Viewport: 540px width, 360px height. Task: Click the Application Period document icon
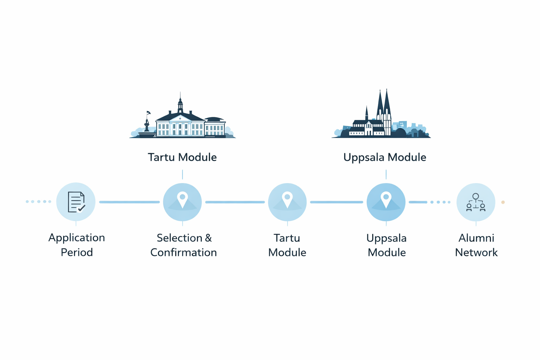coord(76,202)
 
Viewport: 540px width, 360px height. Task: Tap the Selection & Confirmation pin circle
coord(182,202)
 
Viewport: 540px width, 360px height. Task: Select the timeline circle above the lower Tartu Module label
coord(287,202)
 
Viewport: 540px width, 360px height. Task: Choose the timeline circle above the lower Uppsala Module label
coord(386,202)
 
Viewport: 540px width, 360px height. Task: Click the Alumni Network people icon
coord(476,202)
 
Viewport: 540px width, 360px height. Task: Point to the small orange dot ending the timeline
coord(503,202)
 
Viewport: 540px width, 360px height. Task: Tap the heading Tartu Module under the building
coord(182,157)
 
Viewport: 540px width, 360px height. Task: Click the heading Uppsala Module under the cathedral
coord(385,157)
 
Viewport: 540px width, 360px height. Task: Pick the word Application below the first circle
coord(77,238)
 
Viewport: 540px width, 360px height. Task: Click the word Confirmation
coord(184,252)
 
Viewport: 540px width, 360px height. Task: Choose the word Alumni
coord(476,238)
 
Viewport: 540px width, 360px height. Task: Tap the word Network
coord(476,252)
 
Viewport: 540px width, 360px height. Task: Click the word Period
coord(77,252)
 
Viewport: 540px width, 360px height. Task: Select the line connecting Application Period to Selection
coord(129,202)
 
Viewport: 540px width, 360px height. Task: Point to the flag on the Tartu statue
coord(149,113)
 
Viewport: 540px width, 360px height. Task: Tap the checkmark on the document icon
coord(82,208)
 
